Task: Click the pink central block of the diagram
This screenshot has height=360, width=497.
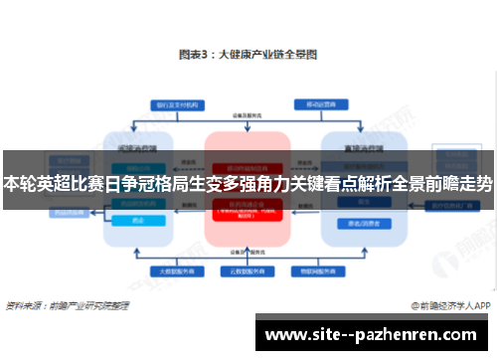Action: tap(247, 214)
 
